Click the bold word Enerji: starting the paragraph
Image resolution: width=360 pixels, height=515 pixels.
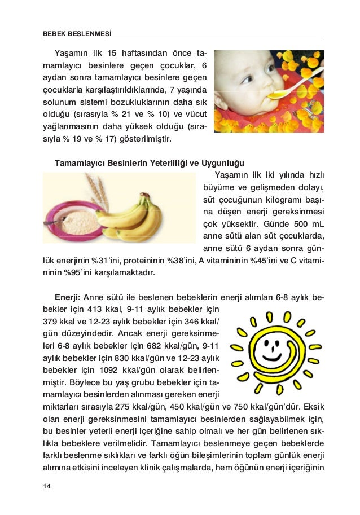click(68, 297)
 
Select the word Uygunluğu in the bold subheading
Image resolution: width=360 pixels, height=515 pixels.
click(224, 163)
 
